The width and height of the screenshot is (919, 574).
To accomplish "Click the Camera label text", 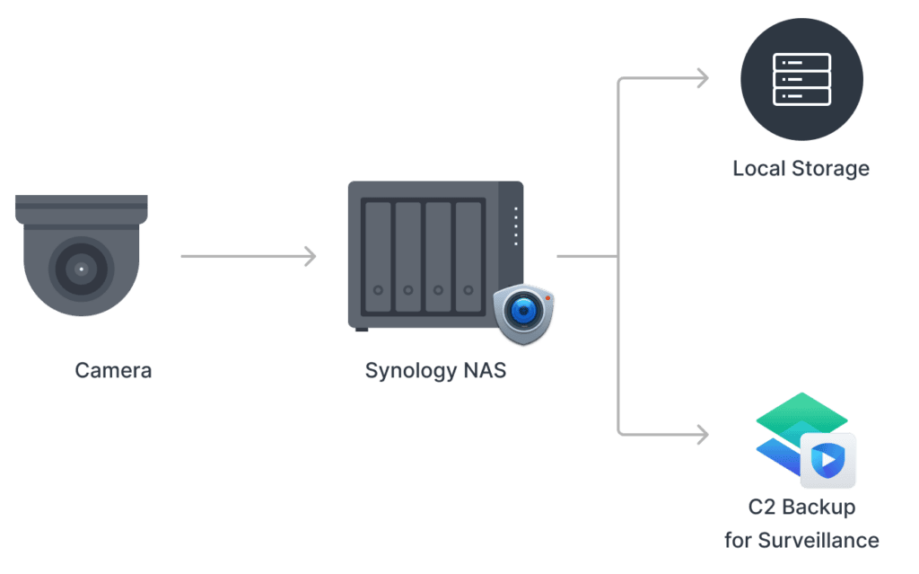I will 113,370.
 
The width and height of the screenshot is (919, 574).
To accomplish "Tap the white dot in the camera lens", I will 81,269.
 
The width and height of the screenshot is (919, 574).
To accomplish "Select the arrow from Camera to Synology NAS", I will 249,257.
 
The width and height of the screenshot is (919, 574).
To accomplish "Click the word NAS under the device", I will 485,370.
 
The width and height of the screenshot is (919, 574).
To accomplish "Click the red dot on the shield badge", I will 547,296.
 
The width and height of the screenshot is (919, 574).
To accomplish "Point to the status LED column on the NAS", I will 515,226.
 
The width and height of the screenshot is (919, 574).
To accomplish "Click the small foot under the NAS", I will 361,331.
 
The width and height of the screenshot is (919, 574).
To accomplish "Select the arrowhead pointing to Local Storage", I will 702,78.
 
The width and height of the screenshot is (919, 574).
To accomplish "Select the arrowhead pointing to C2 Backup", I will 702,435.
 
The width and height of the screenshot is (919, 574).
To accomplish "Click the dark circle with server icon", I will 801,79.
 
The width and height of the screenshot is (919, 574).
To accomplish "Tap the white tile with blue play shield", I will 827,460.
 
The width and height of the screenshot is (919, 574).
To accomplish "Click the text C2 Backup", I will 801,507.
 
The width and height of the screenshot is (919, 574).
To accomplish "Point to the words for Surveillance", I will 801,540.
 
